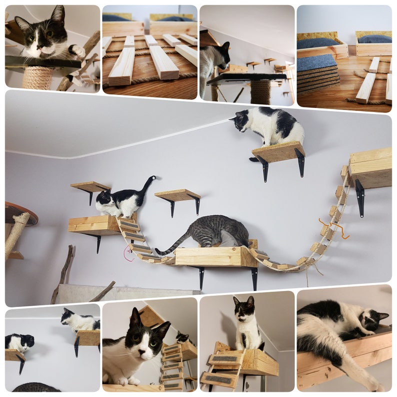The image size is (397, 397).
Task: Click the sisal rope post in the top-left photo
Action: pos(38,77)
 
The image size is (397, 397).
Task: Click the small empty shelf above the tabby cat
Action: pos(177,195)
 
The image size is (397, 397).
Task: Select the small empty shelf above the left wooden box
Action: pos(90,186)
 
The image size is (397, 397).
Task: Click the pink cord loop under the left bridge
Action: pos(127,254)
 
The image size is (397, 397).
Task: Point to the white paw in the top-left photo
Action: pos(78,50)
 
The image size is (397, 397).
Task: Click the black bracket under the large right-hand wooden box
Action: pos(359,197)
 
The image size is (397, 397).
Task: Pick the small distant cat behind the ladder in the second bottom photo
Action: pos(182,338)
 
